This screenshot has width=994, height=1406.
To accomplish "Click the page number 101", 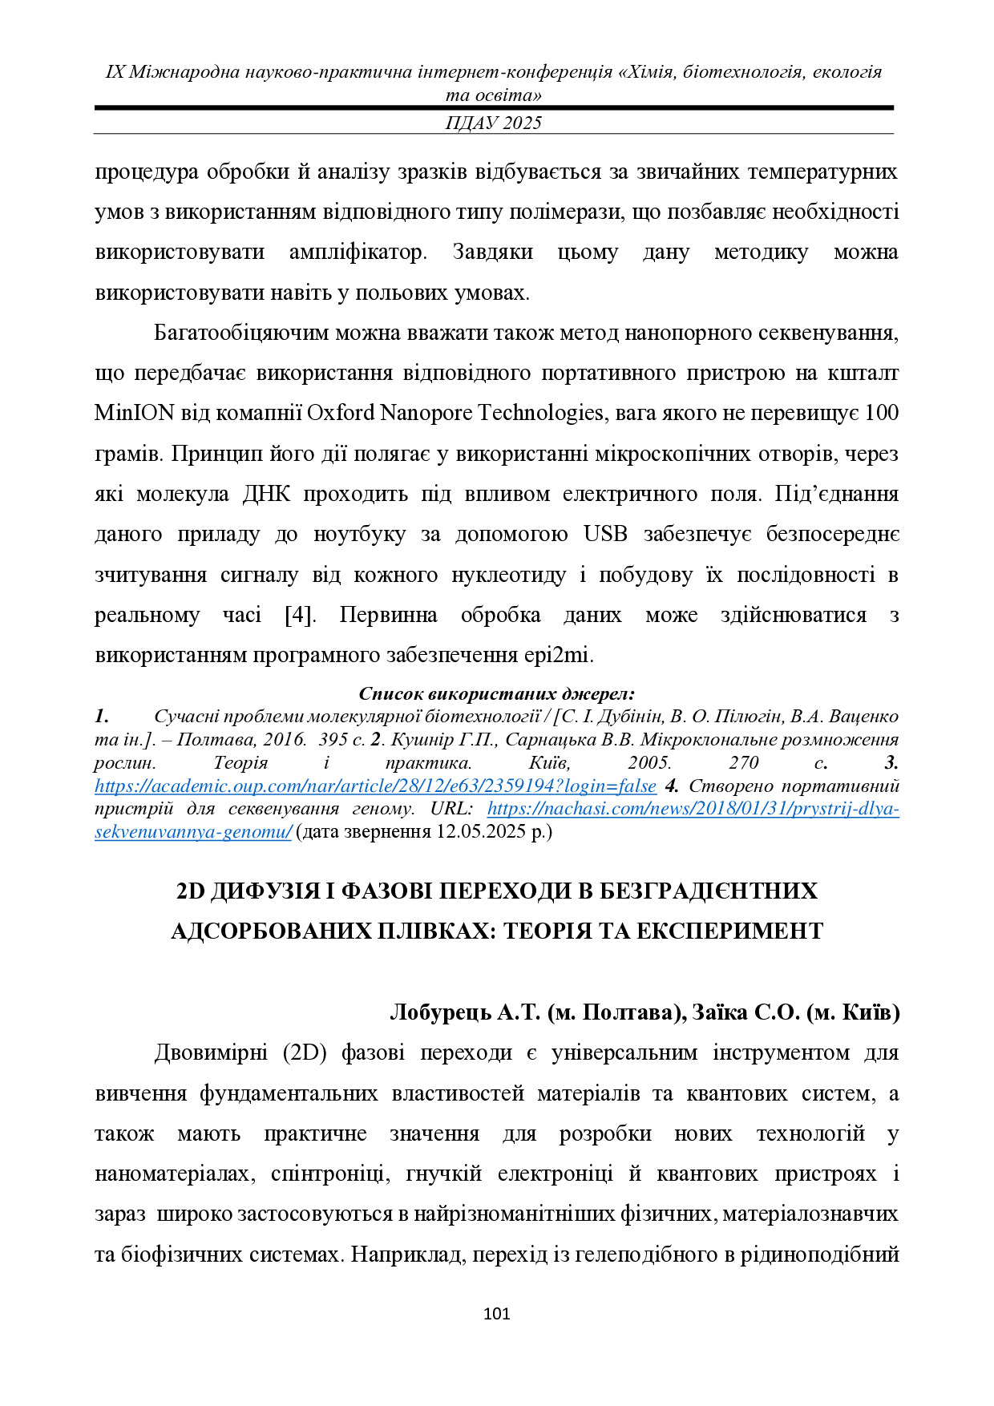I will point(497,1314).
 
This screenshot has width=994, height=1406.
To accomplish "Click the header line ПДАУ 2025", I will point(494,123).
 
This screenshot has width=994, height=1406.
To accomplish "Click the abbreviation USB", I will point(605,534).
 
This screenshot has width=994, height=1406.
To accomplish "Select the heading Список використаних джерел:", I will point(496,693).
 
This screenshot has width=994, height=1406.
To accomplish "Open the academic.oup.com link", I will point(375,786).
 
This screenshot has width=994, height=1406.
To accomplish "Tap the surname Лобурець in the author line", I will point(440,1012).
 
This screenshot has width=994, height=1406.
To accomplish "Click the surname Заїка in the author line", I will point(719,1012).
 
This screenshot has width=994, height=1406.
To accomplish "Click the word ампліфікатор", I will point(358,253).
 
